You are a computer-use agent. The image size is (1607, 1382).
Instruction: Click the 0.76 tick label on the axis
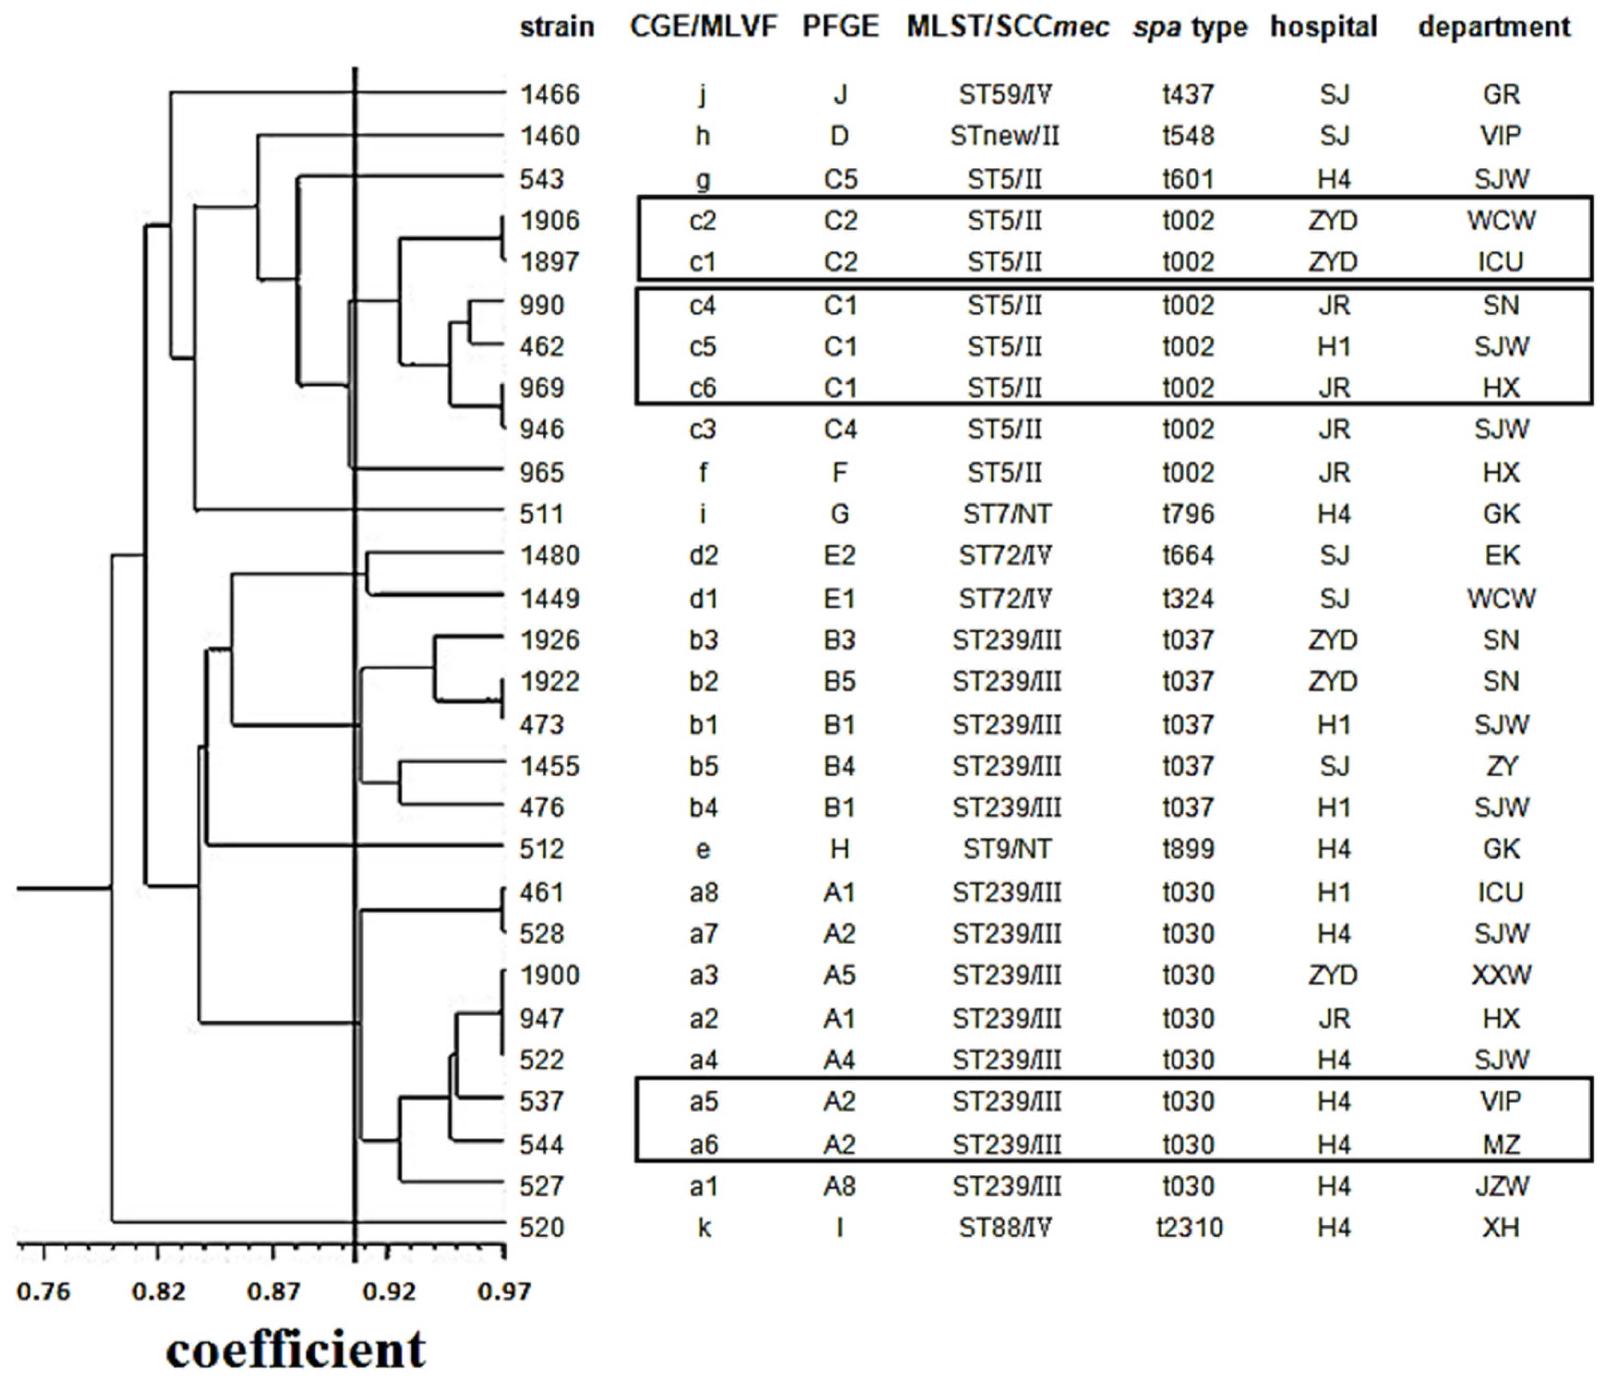pyautogui.click(x=44, y=1292)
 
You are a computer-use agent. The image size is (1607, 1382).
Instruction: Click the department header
pyautogui.click(x=1494, y=27)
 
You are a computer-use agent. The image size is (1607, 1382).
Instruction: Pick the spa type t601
pyautogui.click(x=1188, y=179)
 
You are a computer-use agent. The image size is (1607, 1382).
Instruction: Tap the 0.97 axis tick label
pyautogui.click(x=504, y=1292)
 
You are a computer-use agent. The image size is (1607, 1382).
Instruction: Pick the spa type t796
pyautogui.click(x=1188, y=514)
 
